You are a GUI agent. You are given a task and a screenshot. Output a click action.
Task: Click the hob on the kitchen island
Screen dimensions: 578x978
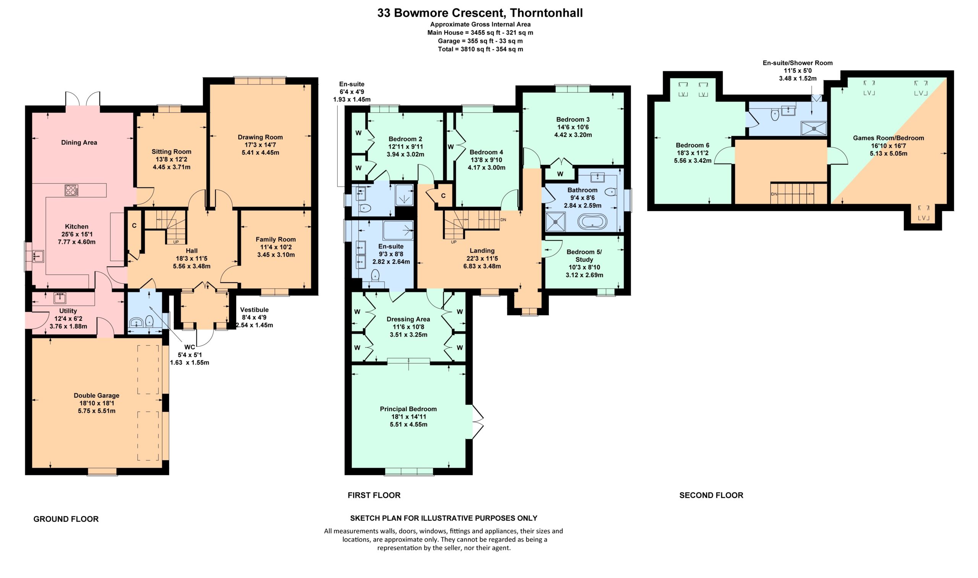tap(72, 190)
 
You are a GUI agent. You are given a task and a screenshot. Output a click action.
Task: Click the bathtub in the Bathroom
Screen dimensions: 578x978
tap(592, 222)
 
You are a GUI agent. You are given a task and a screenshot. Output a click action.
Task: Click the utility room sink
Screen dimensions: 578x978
tap(60, 298)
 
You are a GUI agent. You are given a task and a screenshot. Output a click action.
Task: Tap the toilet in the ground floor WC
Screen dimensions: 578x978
tap(149, 321)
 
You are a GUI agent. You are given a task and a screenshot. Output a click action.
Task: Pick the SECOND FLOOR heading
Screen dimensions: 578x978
tap(711, 496)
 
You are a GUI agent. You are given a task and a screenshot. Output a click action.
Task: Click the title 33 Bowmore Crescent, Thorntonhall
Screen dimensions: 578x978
tap(480, 13)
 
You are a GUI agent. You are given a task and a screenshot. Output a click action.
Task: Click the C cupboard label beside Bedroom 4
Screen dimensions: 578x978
tap(443, 196)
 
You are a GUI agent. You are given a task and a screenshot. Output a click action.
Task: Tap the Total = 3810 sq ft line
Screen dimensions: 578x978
tap(480, 49)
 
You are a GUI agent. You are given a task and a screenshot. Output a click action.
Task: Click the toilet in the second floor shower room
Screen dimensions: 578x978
tap(775, 115)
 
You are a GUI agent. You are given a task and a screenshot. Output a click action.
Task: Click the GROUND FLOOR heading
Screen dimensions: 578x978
tap(66, 519)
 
